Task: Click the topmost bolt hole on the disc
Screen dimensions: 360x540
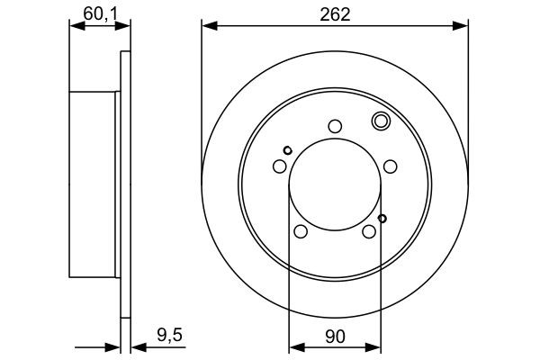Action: coord(335,126)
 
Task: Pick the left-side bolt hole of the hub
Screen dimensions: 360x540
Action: coord(279,166)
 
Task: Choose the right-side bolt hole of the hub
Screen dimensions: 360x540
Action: coord(390,166)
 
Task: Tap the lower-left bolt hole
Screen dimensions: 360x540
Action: coord(301,232)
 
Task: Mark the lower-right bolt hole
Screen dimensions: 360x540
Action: coord(369,232)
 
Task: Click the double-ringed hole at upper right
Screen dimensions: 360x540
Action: coord(380,121)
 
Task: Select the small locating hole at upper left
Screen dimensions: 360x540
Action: coord(287,150)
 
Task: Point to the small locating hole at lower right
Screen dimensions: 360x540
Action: coord(382,218)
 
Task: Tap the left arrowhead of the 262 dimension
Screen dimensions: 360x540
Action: coord(208,26)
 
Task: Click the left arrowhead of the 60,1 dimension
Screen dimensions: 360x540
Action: coord(76,27)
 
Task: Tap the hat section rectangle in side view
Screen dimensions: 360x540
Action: coord(94,184)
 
